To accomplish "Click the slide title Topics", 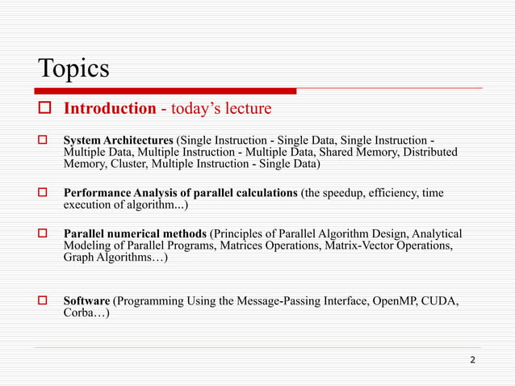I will click(x=73, y=68).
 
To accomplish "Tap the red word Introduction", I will click(x=110, y=108).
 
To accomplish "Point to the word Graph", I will click(x=81, y=258).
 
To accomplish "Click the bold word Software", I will click(x=87, y=302).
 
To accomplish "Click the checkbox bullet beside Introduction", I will click(x=45, y=108).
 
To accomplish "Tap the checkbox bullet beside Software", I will click(x=45, y=302).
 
